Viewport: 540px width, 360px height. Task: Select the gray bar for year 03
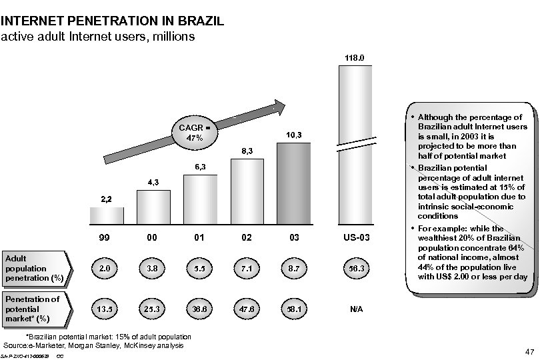(294, 184)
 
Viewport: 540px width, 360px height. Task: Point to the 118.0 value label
(355, 59)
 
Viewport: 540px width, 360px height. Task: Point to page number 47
(531, 351)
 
